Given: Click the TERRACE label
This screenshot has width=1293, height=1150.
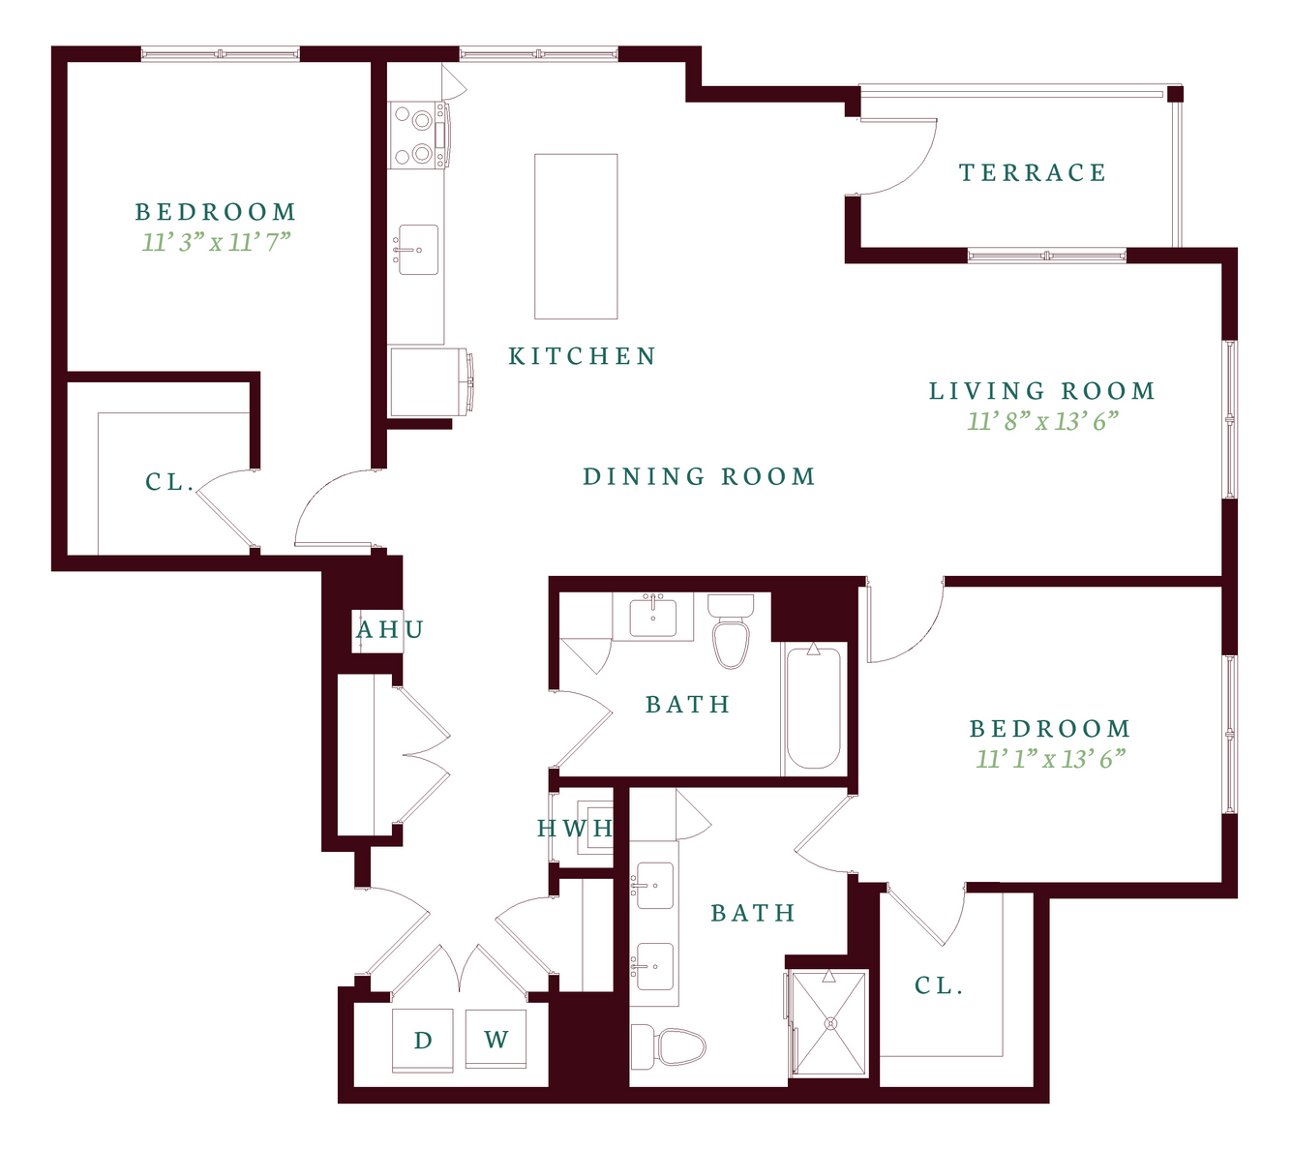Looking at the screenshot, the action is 1032,172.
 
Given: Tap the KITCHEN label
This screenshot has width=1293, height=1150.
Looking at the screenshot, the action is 582,356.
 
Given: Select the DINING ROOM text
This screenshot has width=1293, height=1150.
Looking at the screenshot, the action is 700,476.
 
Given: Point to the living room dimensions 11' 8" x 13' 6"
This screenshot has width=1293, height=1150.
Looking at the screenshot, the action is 1042,421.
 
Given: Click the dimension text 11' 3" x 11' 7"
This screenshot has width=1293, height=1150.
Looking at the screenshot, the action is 216,242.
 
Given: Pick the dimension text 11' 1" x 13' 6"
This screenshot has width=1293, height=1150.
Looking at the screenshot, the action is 1050,759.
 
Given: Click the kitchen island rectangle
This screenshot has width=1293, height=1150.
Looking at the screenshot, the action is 576,236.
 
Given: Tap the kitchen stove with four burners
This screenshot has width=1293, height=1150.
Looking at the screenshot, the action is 419,136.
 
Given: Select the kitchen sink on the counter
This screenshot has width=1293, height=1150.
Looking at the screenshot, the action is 418,250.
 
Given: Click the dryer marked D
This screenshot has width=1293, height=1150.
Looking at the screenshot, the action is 423,1041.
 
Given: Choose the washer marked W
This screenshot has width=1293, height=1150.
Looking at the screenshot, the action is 496,1039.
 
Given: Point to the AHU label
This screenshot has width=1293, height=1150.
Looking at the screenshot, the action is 390,629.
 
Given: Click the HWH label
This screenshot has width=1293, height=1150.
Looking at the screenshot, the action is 575,829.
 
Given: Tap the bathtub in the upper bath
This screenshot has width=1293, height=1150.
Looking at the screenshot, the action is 813,708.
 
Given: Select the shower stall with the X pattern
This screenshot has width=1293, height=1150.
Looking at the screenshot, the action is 829,1023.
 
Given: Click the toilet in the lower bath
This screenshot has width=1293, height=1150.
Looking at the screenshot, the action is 668,1047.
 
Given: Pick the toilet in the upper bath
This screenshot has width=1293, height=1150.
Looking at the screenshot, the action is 731,632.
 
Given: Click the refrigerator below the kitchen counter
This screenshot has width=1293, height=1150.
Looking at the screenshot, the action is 432,381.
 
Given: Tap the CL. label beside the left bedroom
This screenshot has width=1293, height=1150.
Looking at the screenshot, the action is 169,482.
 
